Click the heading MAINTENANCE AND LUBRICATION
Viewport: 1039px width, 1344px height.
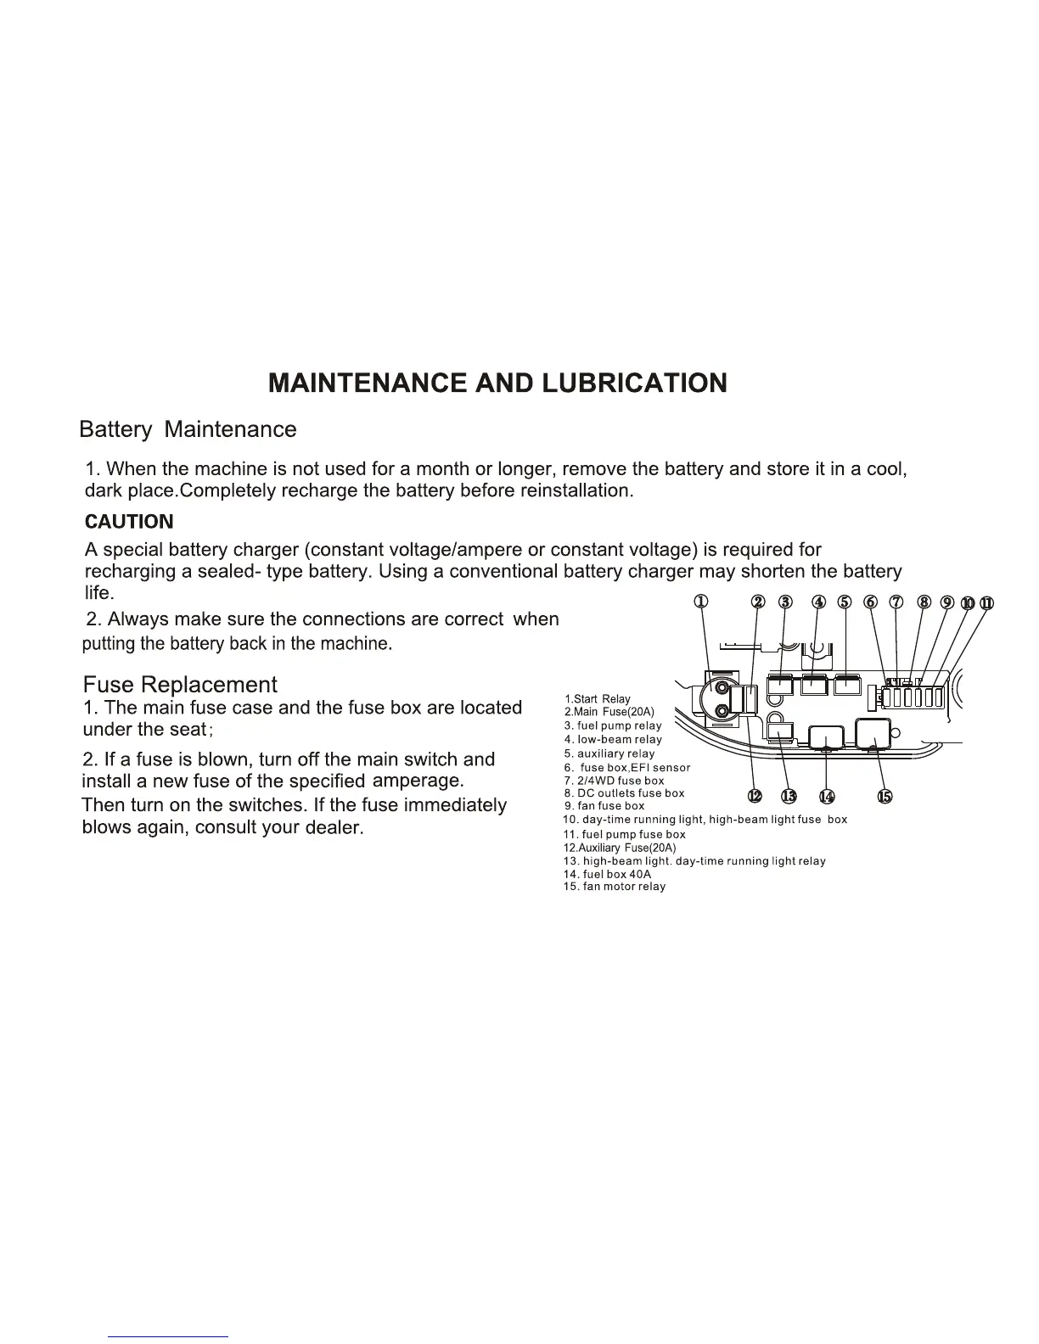click(x=497, y=383)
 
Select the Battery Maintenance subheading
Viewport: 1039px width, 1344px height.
click(x=188, y=429)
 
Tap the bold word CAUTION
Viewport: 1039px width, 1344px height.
click(x=129, y=522)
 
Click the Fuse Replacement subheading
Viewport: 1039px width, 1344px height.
click(x=180, y=685)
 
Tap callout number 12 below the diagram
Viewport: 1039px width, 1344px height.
click(x=755, y=796)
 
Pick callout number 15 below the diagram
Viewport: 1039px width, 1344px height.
click(x=885, y=796)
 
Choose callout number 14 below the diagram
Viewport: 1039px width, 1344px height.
click(x=827, y=796)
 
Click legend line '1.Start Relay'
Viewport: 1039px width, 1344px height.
click(x=598, y=699)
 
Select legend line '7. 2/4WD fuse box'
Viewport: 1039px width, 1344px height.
click(x=614, y=781)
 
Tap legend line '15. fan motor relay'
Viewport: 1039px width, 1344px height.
click(x=614, y=887)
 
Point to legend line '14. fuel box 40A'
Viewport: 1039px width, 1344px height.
click(x=607, y=874)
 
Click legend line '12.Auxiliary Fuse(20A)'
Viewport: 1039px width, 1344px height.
click(x=620, y=848)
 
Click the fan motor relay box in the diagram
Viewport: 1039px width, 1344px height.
click(x=873, y=734)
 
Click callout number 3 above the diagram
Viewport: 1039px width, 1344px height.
click(x=785, y=602)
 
